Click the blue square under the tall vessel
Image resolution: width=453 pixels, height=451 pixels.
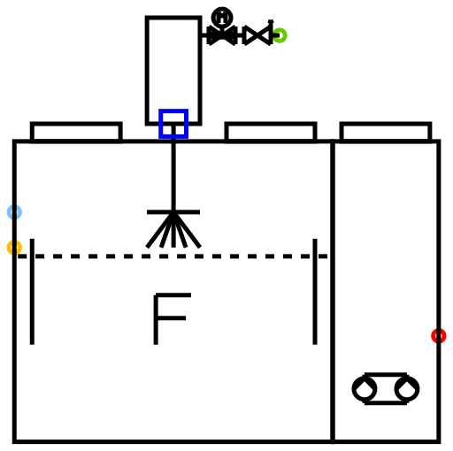pos(173,111)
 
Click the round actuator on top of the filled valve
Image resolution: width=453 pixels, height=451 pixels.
pos(222,17)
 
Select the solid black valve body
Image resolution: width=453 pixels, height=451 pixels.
pos(222,35)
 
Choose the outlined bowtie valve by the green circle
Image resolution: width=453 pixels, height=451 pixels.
pos(257,35)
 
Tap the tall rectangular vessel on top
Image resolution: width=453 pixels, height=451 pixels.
pos(147,71)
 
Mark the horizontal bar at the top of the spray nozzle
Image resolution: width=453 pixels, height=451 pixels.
pos(173,212)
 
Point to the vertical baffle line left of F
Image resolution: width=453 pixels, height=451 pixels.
pos(32,292)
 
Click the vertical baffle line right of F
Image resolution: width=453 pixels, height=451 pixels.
pos(315,292)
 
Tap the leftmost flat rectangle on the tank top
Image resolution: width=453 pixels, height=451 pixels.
pos(76,124)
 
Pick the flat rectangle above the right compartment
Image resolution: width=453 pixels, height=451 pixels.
pos(386,124)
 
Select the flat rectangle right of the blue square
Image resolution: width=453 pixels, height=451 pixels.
pos(271,124)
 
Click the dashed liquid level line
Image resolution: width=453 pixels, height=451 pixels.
pos(173,256)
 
